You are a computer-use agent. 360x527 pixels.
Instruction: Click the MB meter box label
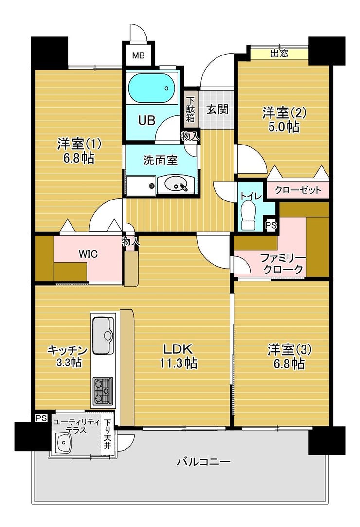point(138,55)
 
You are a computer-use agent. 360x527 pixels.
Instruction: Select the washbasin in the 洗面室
point(175,184)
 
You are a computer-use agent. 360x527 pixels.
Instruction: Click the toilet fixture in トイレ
point(249,216)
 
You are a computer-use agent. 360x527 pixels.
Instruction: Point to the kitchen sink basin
point(104,335)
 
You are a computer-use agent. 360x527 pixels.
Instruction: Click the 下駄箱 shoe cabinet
point(191,109)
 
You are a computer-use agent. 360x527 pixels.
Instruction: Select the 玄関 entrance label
point(217,109)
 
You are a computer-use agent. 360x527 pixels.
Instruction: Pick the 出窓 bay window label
point(279,53)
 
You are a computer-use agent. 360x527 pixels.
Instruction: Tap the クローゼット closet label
point(298,190)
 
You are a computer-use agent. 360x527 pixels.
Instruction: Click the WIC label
point(88,254)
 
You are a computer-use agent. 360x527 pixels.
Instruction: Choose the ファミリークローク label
point(283,264)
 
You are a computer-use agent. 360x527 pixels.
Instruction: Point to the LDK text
point(178,349)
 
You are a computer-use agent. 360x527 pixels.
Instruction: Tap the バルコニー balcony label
point(204,462)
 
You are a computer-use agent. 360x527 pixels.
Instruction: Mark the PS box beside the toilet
point(271,226)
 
